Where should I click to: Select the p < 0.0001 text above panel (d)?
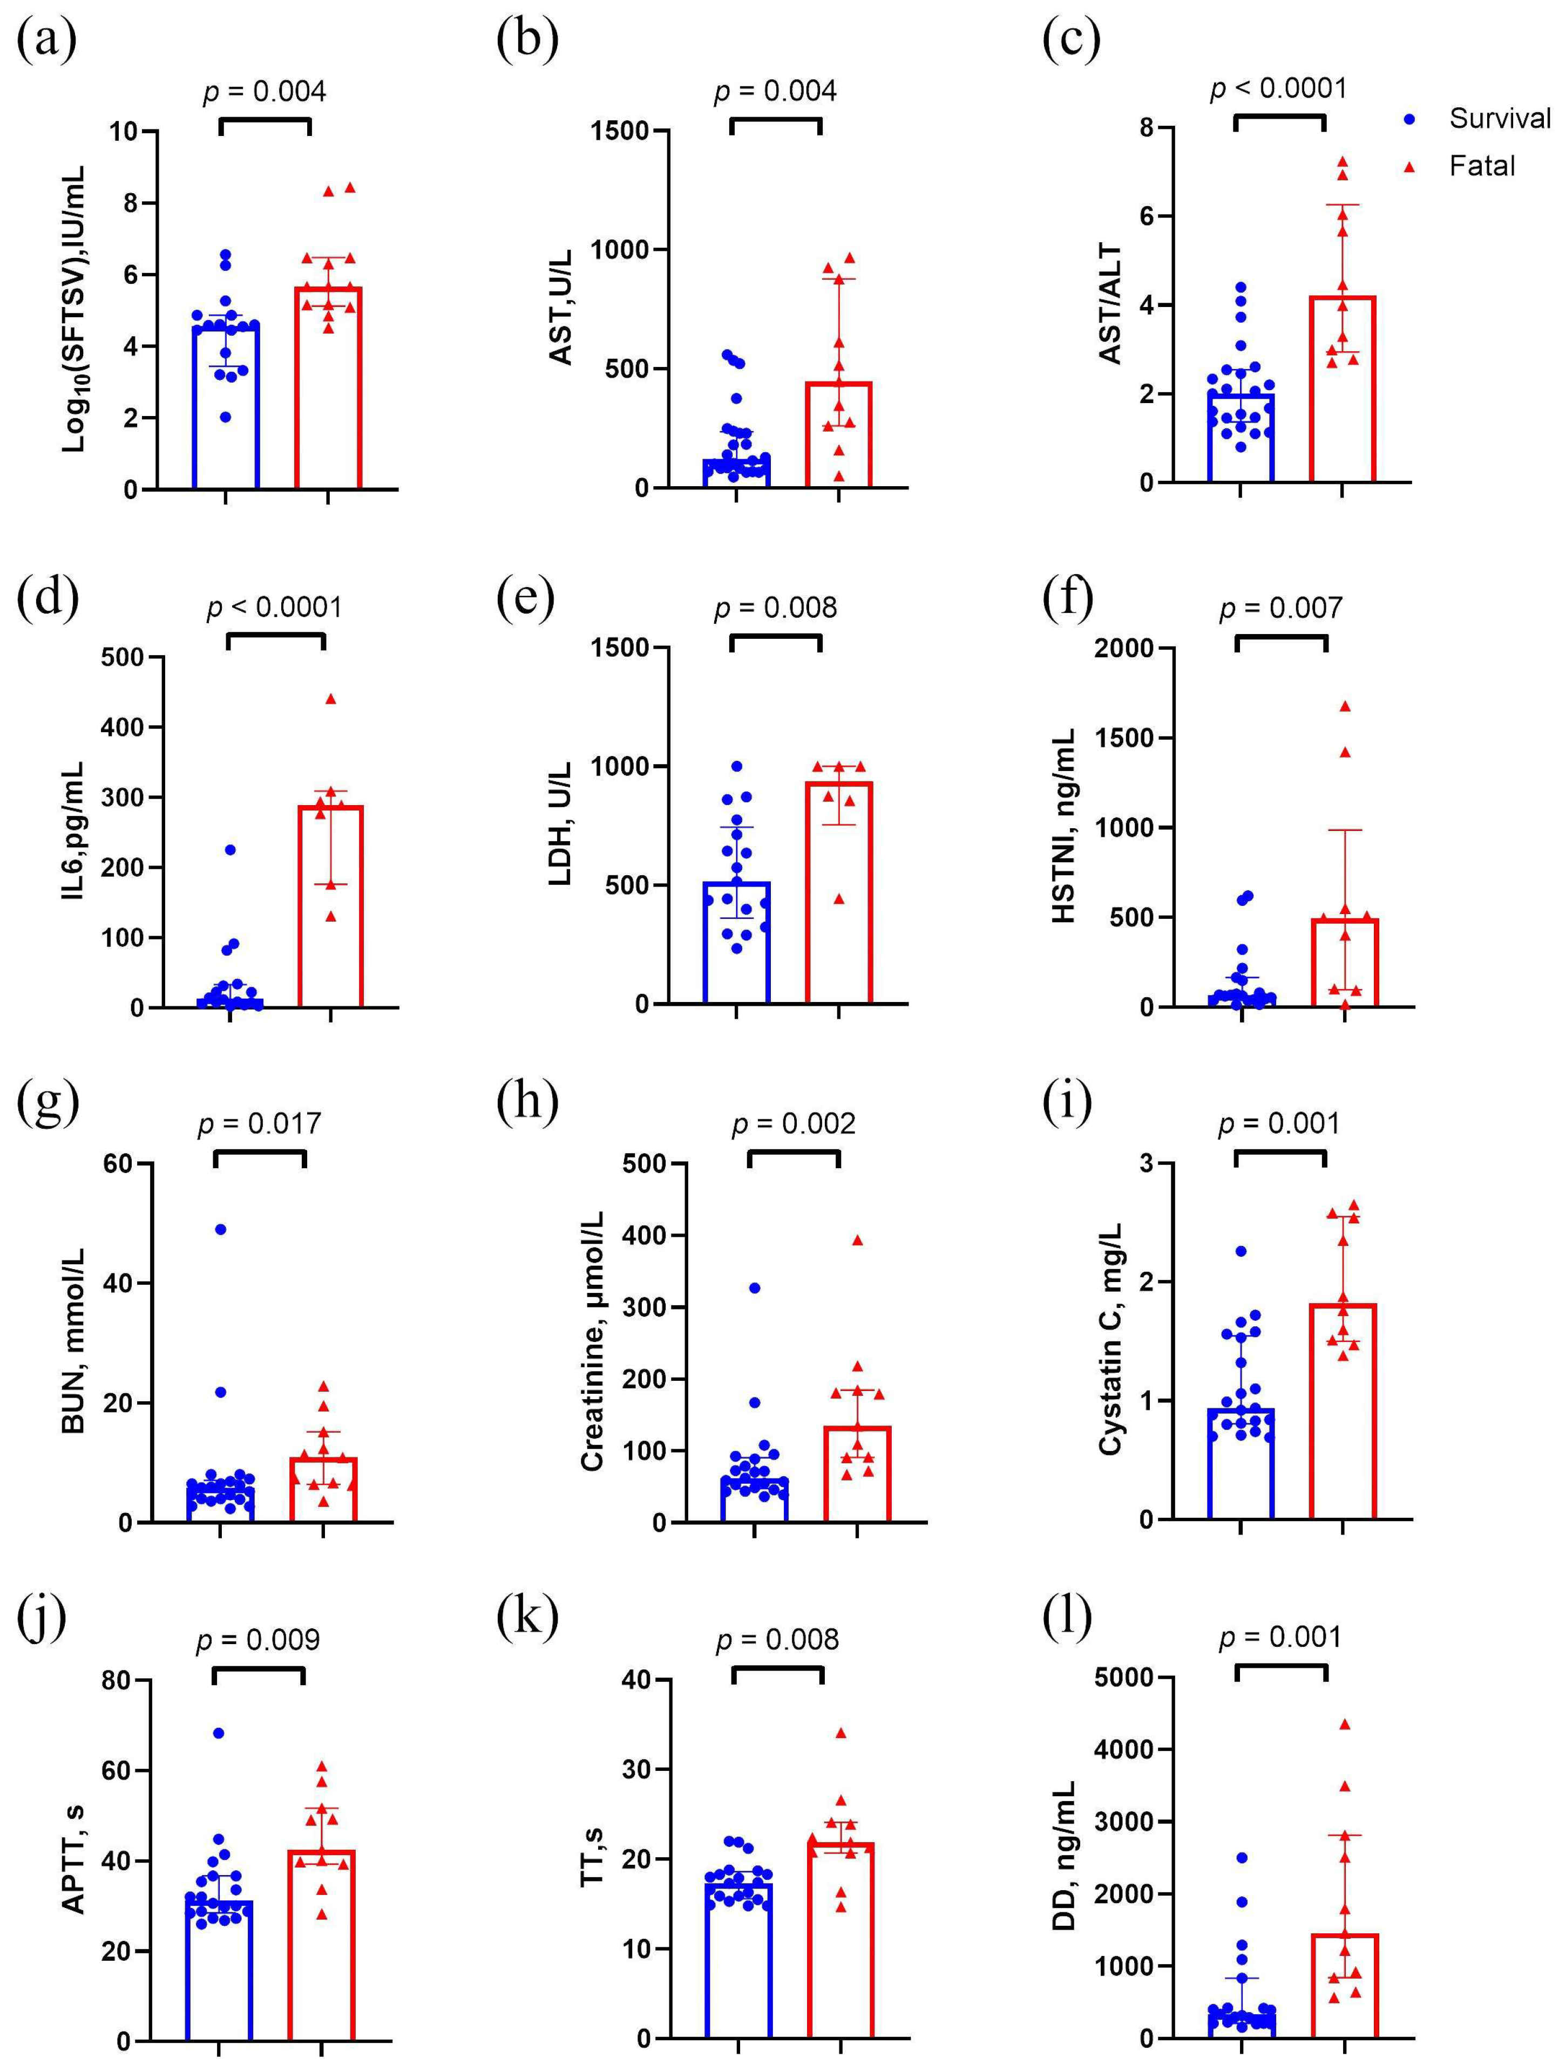[275, 608]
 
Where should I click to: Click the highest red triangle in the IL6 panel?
[330, 699]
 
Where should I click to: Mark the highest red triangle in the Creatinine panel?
[856, 1240]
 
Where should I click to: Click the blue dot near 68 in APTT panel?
[218, 1733]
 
